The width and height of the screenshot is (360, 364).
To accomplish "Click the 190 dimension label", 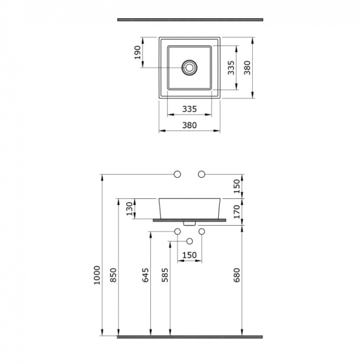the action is (138, 52).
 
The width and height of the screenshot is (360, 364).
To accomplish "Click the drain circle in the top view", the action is (190, 67).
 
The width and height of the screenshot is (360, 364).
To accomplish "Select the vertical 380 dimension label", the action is (247, 67).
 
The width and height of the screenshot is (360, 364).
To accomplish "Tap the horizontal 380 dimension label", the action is (190, 125).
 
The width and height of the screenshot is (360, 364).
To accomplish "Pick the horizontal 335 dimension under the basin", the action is (190, 109).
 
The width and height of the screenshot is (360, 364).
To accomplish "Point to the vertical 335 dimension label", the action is (231, 67).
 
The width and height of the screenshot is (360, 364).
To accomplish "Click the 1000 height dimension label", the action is (97, 275).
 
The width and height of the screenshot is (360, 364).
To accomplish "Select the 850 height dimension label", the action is (113, 275).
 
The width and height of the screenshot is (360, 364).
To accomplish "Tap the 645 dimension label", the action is (145, 275).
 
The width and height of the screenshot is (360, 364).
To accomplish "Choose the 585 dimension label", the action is (165, 275).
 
